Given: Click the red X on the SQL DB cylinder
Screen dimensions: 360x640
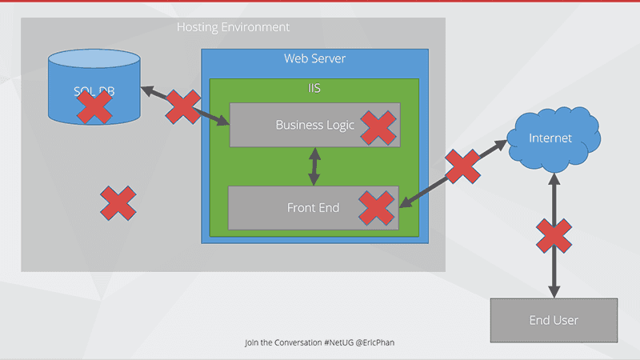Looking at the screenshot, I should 94,107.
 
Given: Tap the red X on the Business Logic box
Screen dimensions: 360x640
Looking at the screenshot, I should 378,127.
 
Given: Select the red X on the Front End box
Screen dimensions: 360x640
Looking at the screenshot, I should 377,207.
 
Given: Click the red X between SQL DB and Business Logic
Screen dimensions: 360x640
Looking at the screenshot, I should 183,107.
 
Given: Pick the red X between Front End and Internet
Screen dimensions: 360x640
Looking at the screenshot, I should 462,166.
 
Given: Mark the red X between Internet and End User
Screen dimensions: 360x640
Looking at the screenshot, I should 553,237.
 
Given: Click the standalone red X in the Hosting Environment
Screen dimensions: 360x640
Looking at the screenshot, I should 118,203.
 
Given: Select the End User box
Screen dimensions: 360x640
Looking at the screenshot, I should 554,321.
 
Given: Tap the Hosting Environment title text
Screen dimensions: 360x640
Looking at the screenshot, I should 233,27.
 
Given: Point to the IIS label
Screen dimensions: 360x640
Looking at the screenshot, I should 314,87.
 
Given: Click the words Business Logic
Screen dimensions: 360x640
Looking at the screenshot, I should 314,125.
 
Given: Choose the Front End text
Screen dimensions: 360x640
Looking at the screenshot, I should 313,208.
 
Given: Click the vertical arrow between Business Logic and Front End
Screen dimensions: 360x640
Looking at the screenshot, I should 314,166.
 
